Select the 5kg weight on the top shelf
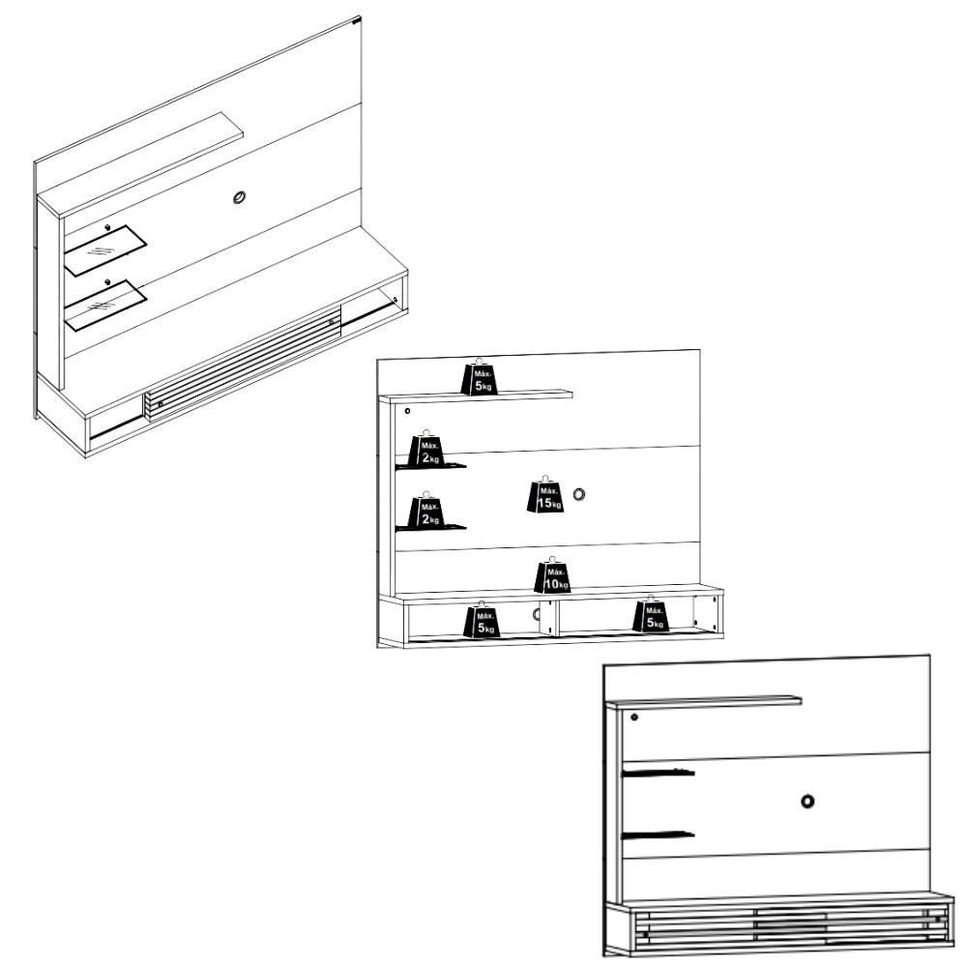(x=481, y=377)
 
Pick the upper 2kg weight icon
(x=426, y=451)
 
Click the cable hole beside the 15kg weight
(x=579, y=494)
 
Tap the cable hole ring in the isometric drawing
(x=240, y=199)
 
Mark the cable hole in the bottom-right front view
(x=807, y=801)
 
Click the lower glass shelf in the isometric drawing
(x=104, y=304)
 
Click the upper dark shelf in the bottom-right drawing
(x=658, y=773)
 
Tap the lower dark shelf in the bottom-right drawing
(x=658, y=835)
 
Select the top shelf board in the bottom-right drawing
(x=703, y=701)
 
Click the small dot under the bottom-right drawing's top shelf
(x=634, y=717)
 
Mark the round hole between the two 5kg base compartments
(x=538, y=613)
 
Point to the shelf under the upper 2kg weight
(x=430, y=467)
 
